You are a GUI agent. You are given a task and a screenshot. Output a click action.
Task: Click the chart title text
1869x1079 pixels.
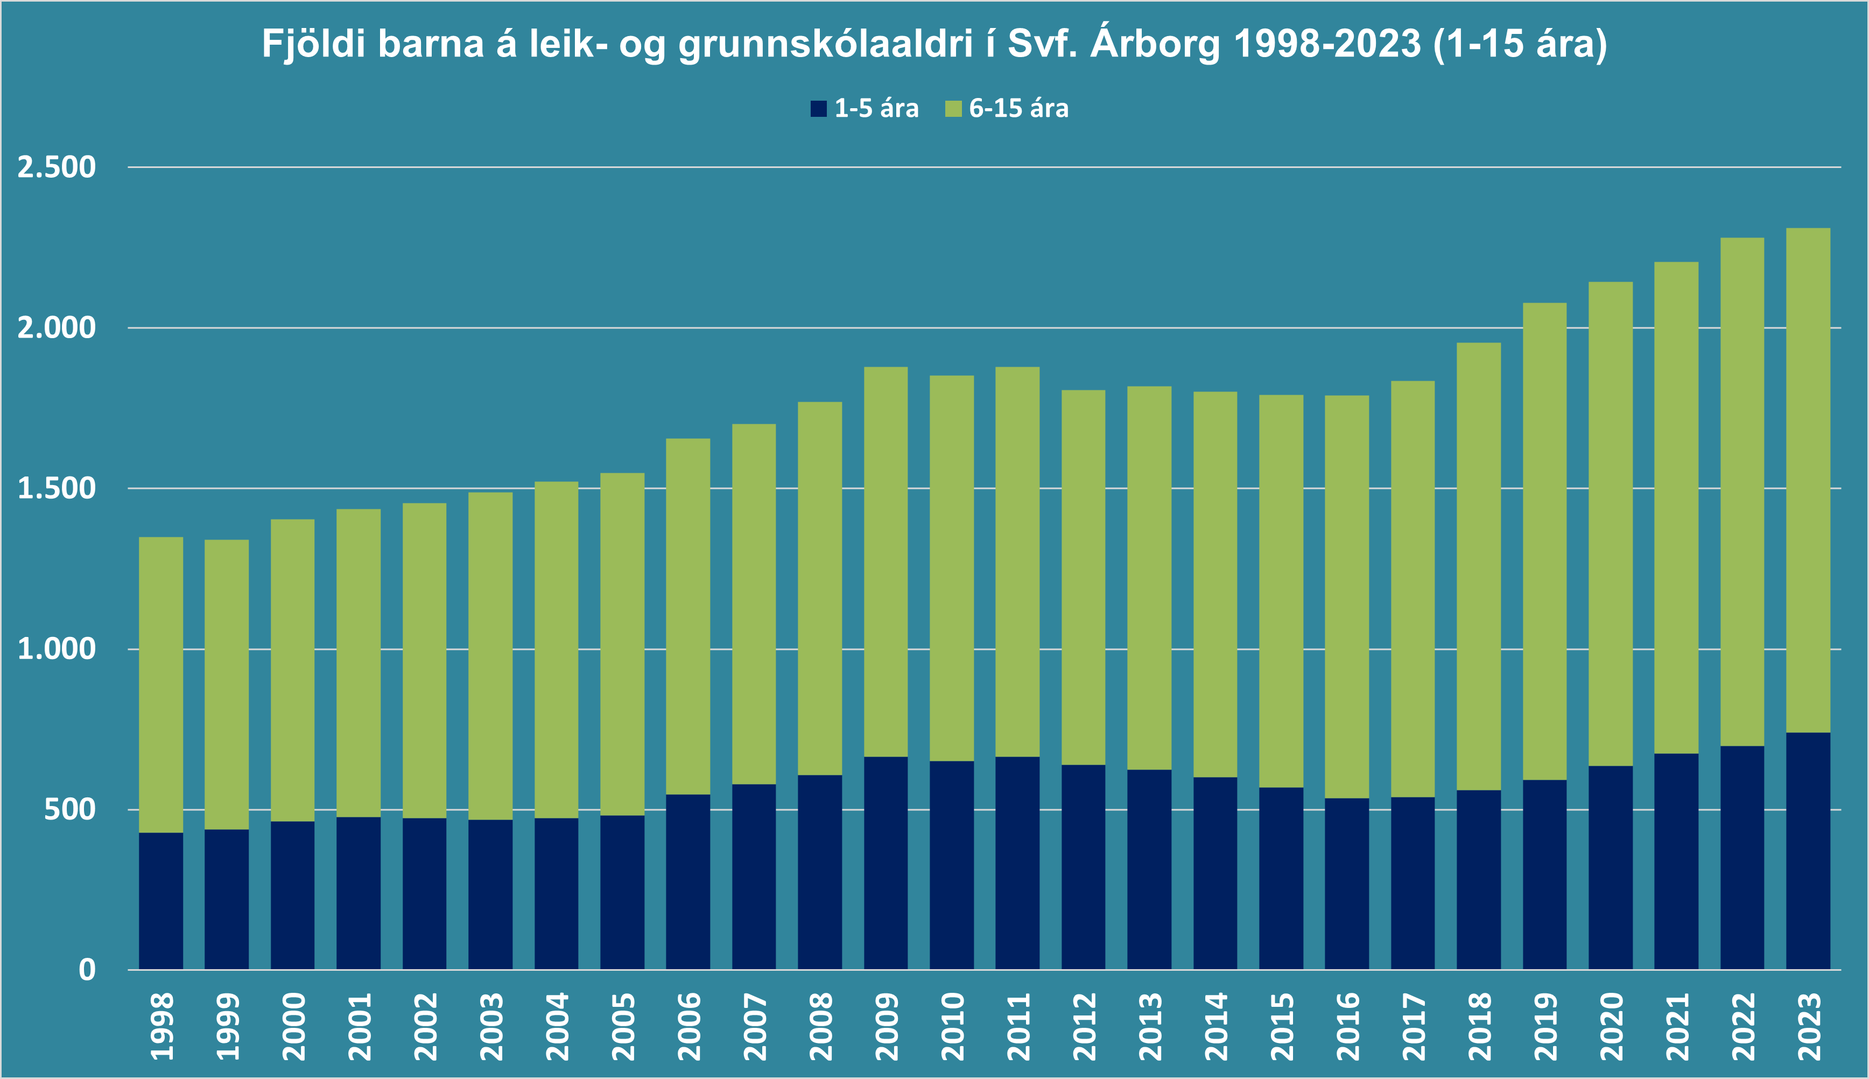coord(934,45)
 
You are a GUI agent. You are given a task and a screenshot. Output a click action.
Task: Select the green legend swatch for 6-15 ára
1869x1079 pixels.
coord(953,109)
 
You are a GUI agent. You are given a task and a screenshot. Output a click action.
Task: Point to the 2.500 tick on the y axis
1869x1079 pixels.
coord(57,167)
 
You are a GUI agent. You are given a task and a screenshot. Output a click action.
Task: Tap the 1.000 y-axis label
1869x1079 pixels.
coord(57,649)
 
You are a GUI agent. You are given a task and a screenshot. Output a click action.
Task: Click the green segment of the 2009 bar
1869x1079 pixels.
coord(886,562)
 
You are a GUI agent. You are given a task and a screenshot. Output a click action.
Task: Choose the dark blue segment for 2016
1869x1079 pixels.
coord(1347,884)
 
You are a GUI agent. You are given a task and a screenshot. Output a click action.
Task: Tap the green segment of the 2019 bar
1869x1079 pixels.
coord(1544,541)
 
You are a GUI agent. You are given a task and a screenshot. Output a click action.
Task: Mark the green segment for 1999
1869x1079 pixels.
coord(227,684)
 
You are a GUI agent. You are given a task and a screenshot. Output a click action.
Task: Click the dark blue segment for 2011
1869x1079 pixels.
coord(1018,863)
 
